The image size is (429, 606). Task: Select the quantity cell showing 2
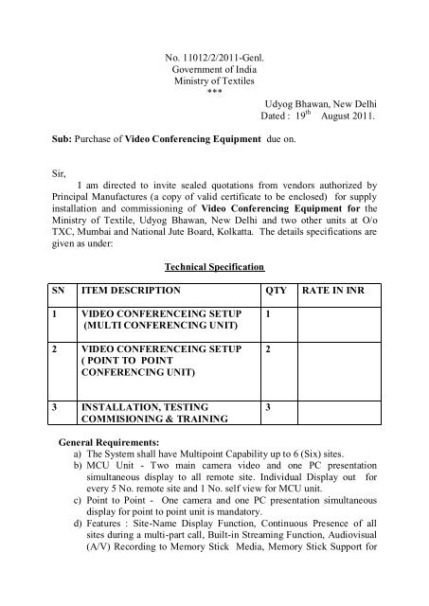[269, 349]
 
